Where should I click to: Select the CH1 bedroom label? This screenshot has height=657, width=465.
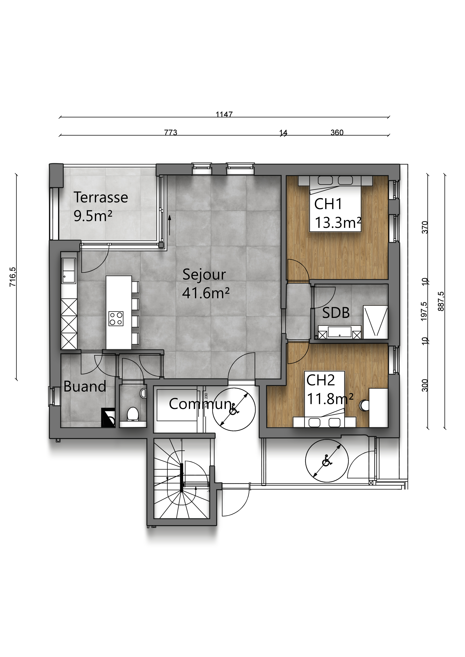(x=328, y=204)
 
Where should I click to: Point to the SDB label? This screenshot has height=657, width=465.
(x=336, y=313)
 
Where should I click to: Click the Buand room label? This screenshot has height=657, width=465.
(x=85, y=386)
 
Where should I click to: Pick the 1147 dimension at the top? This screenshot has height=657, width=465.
(x=224, y=114)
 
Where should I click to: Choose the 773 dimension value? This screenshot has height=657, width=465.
(x=171, y=132)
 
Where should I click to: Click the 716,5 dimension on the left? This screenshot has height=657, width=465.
(x=13, y=277)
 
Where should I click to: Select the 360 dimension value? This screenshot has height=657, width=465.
(x=337, y=132)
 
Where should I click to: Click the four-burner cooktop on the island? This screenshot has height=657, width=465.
(x=116, y=319)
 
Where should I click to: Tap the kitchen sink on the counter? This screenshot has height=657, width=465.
(x=69, y=270)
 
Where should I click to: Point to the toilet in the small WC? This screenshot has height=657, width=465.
(x=133, y=414)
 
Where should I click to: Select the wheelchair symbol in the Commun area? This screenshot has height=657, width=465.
(x=234, y=409)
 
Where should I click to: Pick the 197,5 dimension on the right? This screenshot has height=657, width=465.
(x=424, y=311)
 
